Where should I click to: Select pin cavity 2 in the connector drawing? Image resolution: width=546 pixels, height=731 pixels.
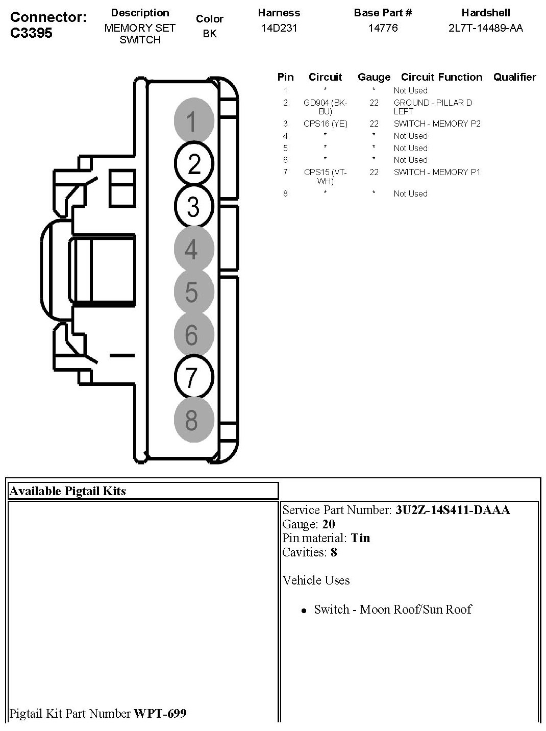point(193,164)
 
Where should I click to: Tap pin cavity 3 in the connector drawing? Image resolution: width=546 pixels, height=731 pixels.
point(193,206)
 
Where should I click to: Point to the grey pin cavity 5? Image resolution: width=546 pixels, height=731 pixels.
point(192,291)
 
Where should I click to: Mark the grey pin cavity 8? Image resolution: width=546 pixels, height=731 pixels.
point(192,420)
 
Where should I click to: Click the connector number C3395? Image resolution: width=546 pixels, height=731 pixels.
point(31,33)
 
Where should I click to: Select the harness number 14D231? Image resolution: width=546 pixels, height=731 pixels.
point(279,28)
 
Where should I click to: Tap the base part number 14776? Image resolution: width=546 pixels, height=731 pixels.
point(383,28)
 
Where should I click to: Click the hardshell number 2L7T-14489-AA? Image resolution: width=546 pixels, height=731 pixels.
point(485,28)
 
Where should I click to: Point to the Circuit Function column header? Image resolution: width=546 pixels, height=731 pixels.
point(441,77)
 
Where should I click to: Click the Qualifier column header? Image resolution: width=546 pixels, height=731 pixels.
point(514,77)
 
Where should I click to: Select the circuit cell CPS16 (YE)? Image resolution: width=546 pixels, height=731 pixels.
point(325,124)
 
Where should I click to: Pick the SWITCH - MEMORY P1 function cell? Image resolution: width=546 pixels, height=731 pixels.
point(437,172)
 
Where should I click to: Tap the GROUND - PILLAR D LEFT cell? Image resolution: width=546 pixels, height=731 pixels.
point(433,107)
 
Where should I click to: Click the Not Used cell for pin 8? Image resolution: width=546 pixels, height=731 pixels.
point(410,193)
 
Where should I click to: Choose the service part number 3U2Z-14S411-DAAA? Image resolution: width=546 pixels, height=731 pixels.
point(452,510)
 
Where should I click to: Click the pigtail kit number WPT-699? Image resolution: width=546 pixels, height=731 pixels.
point(160,713)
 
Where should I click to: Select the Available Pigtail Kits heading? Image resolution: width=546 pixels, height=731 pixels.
point(67,491)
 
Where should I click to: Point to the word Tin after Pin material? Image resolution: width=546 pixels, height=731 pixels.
point(360,538)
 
